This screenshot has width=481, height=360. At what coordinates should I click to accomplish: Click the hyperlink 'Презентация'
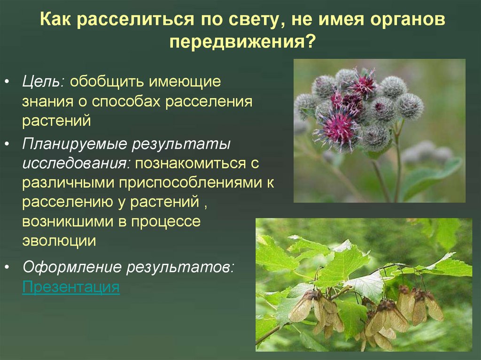pos(70,286)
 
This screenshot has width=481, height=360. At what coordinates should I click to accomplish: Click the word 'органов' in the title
pos(407,20)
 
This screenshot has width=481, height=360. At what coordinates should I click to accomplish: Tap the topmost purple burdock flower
pos(363,83)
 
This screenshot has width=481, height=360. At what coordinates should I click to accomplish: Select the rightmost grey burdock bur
pos(410,105)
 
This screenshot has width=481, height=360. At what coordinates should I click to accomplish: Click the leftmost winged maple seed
pos(301,307)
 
